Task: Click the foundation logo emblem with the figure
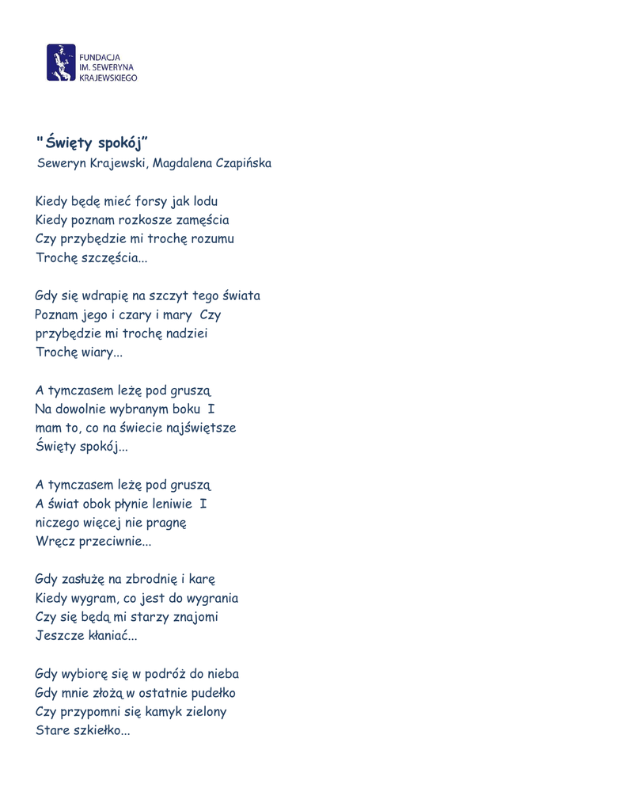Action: click(61, 62)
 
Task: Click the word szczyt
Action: click(169, 296)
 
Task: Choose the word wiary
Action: click(101, 353)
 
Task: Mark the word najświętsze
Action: click(198, 428)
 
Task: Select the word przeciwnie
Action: click(113, 542)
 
